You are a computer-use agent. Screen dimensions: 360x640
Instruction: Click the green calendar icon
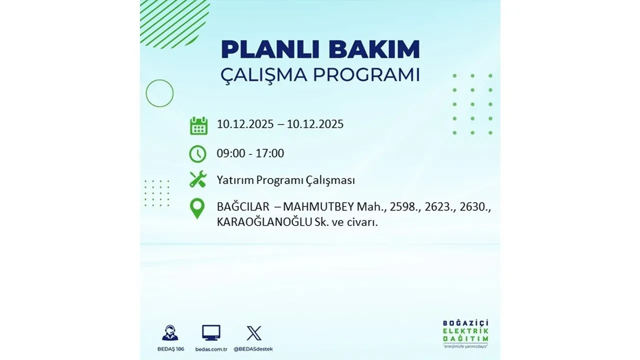click(x=198, y=125)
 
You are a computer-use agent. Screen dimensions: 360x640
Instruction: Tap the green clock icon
click(x=197, y=154)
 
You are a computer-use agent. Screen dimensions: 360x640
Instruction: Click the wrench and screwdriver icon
click(x=198, y=179)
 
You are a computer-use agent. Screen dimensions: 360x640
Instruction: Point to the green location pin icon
click(x=197, y=208)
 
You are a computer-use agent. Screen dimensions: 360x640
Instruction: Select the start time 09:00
click(x=231, y=153)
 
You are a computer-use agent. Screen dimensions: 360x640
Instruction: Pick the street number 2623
click(x=424, y=207)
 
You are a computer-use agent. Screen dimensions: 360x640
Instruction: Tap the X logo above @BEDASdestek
click(x=254, y=333)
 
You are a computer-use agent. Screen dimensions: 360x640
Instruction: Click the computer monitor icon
click(x=211, y=332)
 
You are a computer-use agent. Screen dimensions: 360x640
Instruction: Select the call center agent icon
click(x=170, y=333)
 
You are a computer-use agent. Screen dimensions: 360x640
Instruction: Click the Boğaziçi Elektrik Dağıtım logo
click(x=465, y=333)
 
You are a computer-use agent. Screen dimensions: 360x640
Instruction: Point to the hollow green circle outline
click(x=159, y=93)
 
